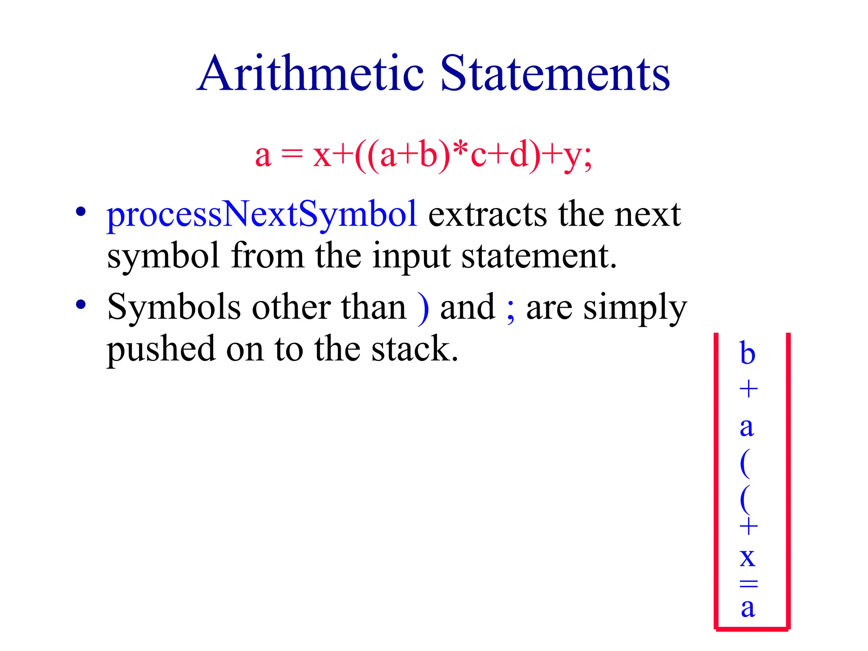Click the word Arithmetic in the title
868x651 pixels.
point(311,74)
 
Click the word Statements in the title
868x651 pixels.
point(555,74)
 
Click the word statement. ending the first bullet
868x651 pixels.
point(539,257)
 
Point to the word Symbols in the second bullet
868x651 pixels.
point(174,307)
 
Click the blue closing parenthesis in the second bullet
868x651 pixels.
point(423,308)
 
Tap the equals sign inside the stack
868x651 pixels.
point(748,584)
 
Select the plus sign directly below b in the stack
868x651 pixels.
point(748,389)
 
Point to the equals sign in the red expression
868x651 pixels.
point(292,156)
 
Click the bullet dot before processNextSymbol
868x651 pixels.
point(81,211)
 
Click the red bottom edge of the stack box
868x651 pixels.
point(752,629)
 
